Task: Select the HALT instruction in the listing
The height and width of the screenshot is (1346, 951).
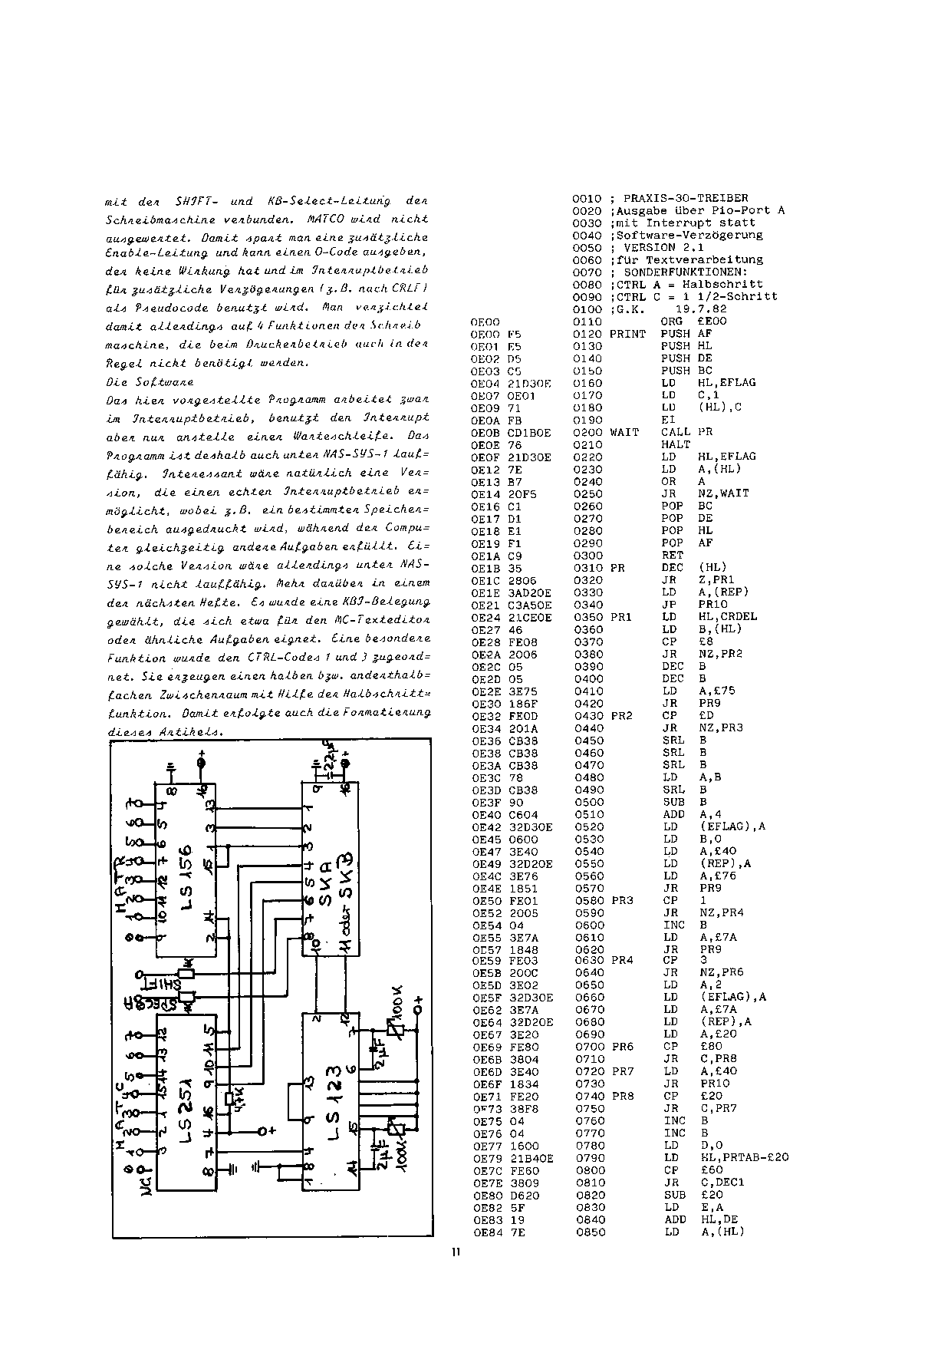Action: (676, 444)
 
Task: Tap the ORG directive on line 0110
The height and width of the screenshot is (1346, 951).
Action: (672, 322)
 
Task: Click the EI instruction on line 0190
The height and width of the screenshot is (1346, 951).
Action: (668, 420)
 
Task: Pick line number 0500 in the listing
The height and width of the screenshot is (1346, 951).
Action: (588, 802)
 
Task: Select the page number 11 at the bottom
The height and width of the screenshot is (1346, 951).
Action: (456, 1253)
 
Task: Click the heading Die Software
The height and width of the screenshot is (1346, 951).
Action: (150, 382)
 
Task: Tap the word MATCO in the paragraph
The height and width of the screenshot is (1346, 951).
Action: (333, 219)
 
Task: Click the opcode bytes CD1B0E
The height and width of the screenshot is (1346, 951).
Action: (530, 433)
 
